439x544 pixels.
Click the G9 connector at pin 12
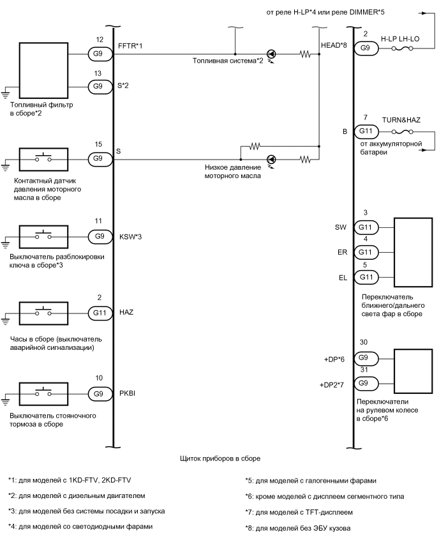point(99,55)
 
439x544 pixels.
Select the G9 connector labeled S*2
point(99,86)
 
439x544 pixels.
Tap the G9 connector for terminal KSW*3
point(99,236)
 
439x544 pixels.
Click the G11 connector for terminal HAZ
point(99,313)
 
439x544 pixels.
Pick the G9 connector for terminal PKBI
point(99,394)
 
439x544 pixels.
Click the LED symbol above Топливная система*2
point(271,55)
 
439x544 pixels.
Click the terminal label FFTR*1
point(130,46)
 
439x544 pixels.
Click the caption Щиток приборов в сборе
point(221,458)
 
